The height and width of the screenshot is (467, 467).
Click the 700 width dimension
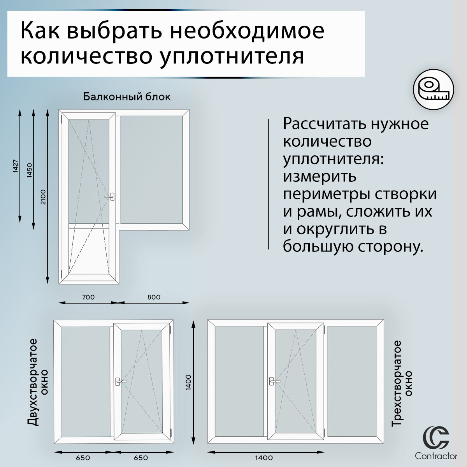[88, 297]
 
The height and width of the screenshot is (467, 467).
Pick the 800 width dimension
[154, 297]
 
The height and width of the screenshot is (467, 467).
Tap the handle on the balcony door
[112, 197]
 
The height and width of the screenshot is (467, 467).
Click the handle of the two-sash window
[119, 382]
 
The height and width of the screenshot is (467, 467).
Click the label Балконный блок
[127, 97]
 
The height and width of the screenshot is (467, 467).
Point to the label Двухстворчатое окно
[39, 382]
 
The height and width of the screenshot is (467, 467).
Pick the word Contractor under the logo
[436, 456]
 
